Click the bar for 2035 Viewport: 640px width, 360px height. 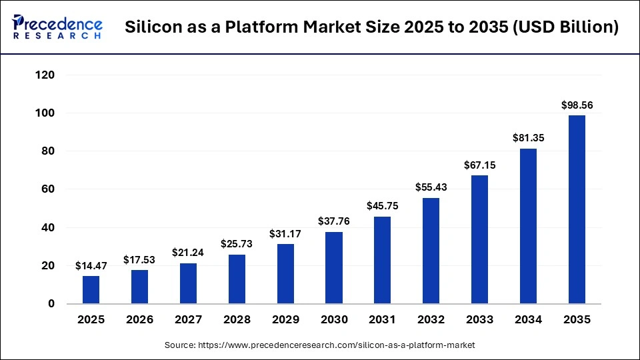(x=577, y=209)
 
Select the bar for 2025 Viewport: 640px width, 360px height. (x=91, y=289)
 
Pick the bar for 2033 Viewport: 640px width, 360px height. (x=479, y=239)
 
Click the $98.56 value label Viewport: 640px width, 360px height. (x=577, y=105)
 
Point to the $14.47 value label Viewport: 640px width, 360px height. (x=91, y=266)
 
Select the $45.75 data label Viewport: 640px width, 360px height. (x=383, y=207)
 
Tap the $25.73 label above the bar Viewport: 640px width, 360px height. (x=237, y=245)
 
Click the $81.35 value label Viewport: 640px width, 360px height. (x=528, y=138)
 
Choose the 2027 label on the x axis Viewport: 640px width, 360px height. (x=189, y=320)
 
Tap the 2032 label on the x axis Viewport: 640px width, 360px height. (x=431, y=320)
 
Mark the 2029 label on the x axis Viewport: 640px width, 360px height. (x=285, y=320)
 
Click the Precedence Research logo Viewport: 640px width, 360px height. (x=57, y=27)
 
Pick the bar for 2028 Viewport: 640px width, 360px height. (x=237, y=279)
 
